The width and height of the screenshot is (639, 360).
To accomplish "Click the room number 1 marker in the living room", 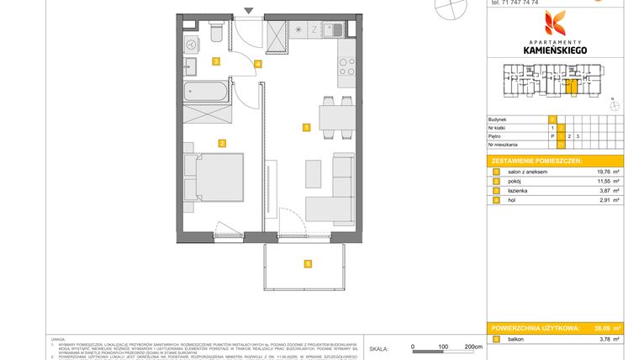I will [306, 128].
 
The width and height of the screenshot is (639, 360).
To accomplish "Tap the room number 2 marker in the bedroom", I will [221, 143].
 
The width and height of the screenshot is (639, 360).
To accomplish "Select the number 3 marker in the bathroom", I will [216, 61].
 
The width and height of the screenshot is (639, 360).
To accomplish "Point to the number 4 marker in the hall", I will [258, 63].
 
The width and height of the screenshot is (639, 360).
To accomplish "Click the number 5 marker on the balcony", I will [309, 263].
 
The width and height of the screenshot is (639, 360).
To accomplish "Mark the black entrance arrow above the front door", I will [247, 11].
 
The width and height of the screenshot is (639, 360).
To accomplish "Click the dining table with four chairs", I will [334, 116].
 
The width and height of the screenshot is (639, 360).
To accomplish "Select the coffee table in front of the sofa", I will [312, 173].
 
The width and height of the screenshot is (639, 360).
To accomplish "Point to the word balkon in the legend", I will [515, 339].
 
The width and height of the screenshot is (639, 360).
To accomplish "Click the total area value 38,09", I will [600, 328].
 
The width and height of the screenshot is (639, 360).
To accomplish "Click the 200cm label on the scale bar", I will [473, 346].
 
